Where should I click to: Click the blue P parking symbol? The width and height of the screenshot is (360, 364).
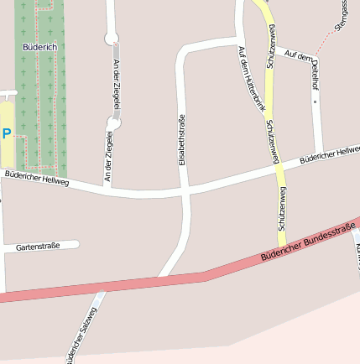(7, 133)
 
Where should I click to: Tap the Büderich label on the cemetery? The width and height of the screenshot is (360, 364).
(39, 47)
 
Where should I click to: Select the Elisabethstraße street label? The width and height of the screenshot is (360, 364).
(181, 139)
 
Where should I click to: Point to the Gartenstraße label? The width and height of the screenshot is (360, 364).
(38, 247)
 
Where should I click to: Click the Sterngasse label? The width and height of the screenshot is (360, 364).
(341, 15)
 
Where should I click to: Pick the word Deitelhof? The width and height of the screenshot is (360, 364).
(316, 72)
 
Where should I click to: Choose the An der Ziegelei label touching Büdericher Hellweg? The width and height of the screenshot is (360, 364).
(108, 157)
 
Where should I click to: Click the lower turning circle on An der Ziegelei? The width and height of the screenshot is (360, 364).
(113, 123)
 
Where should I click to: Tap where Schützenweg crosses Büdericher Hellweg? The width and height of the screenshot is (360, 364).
(279, 168)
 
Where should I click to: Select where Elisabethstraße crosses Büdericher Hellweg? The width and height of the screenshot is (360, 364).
(185, 192)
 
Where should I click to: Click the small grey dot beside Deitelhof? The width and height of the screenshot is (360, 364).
(316, 101)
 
